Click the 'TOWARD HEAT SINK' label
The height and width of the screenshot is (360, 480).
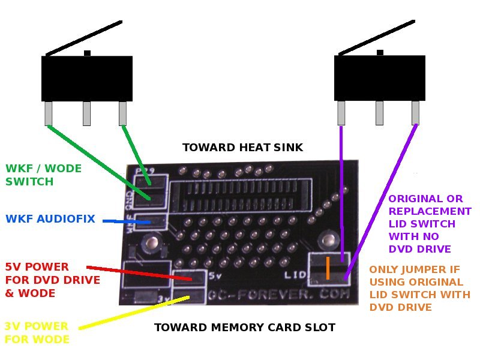(242, 148)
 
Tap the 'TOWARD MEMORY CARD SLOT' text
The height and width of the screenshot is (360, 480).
(244, 328)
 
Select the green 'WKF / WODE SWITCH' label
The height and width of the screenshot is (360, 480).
(43, 175)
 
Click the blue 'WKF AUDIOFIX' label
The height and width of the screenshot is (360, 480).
(50, 219)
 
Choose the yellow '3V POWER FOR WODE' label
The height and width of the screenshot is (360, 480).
(37, 332)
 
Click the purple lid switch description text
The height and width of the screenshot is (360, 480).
(430, 223)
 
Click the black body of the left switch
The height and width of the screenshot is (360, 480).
(86, 79)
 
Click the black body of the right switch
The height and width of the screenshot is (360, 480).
(379, 78)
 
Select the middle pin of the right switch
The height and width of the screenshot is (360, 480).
(379, 112)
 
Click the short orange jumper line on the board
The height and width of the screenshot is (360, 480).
(328, 268)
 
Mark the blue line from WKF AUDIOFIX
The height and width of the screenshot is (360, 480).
(126, 222)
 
